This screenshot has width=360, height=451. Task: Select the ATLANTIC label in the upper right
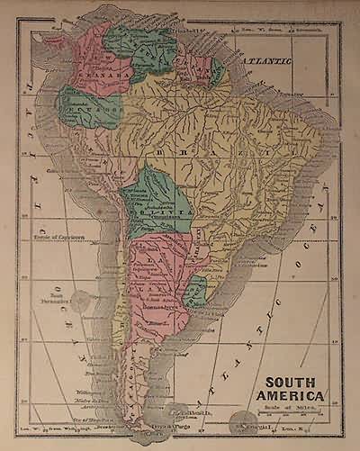pos(268,59)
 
